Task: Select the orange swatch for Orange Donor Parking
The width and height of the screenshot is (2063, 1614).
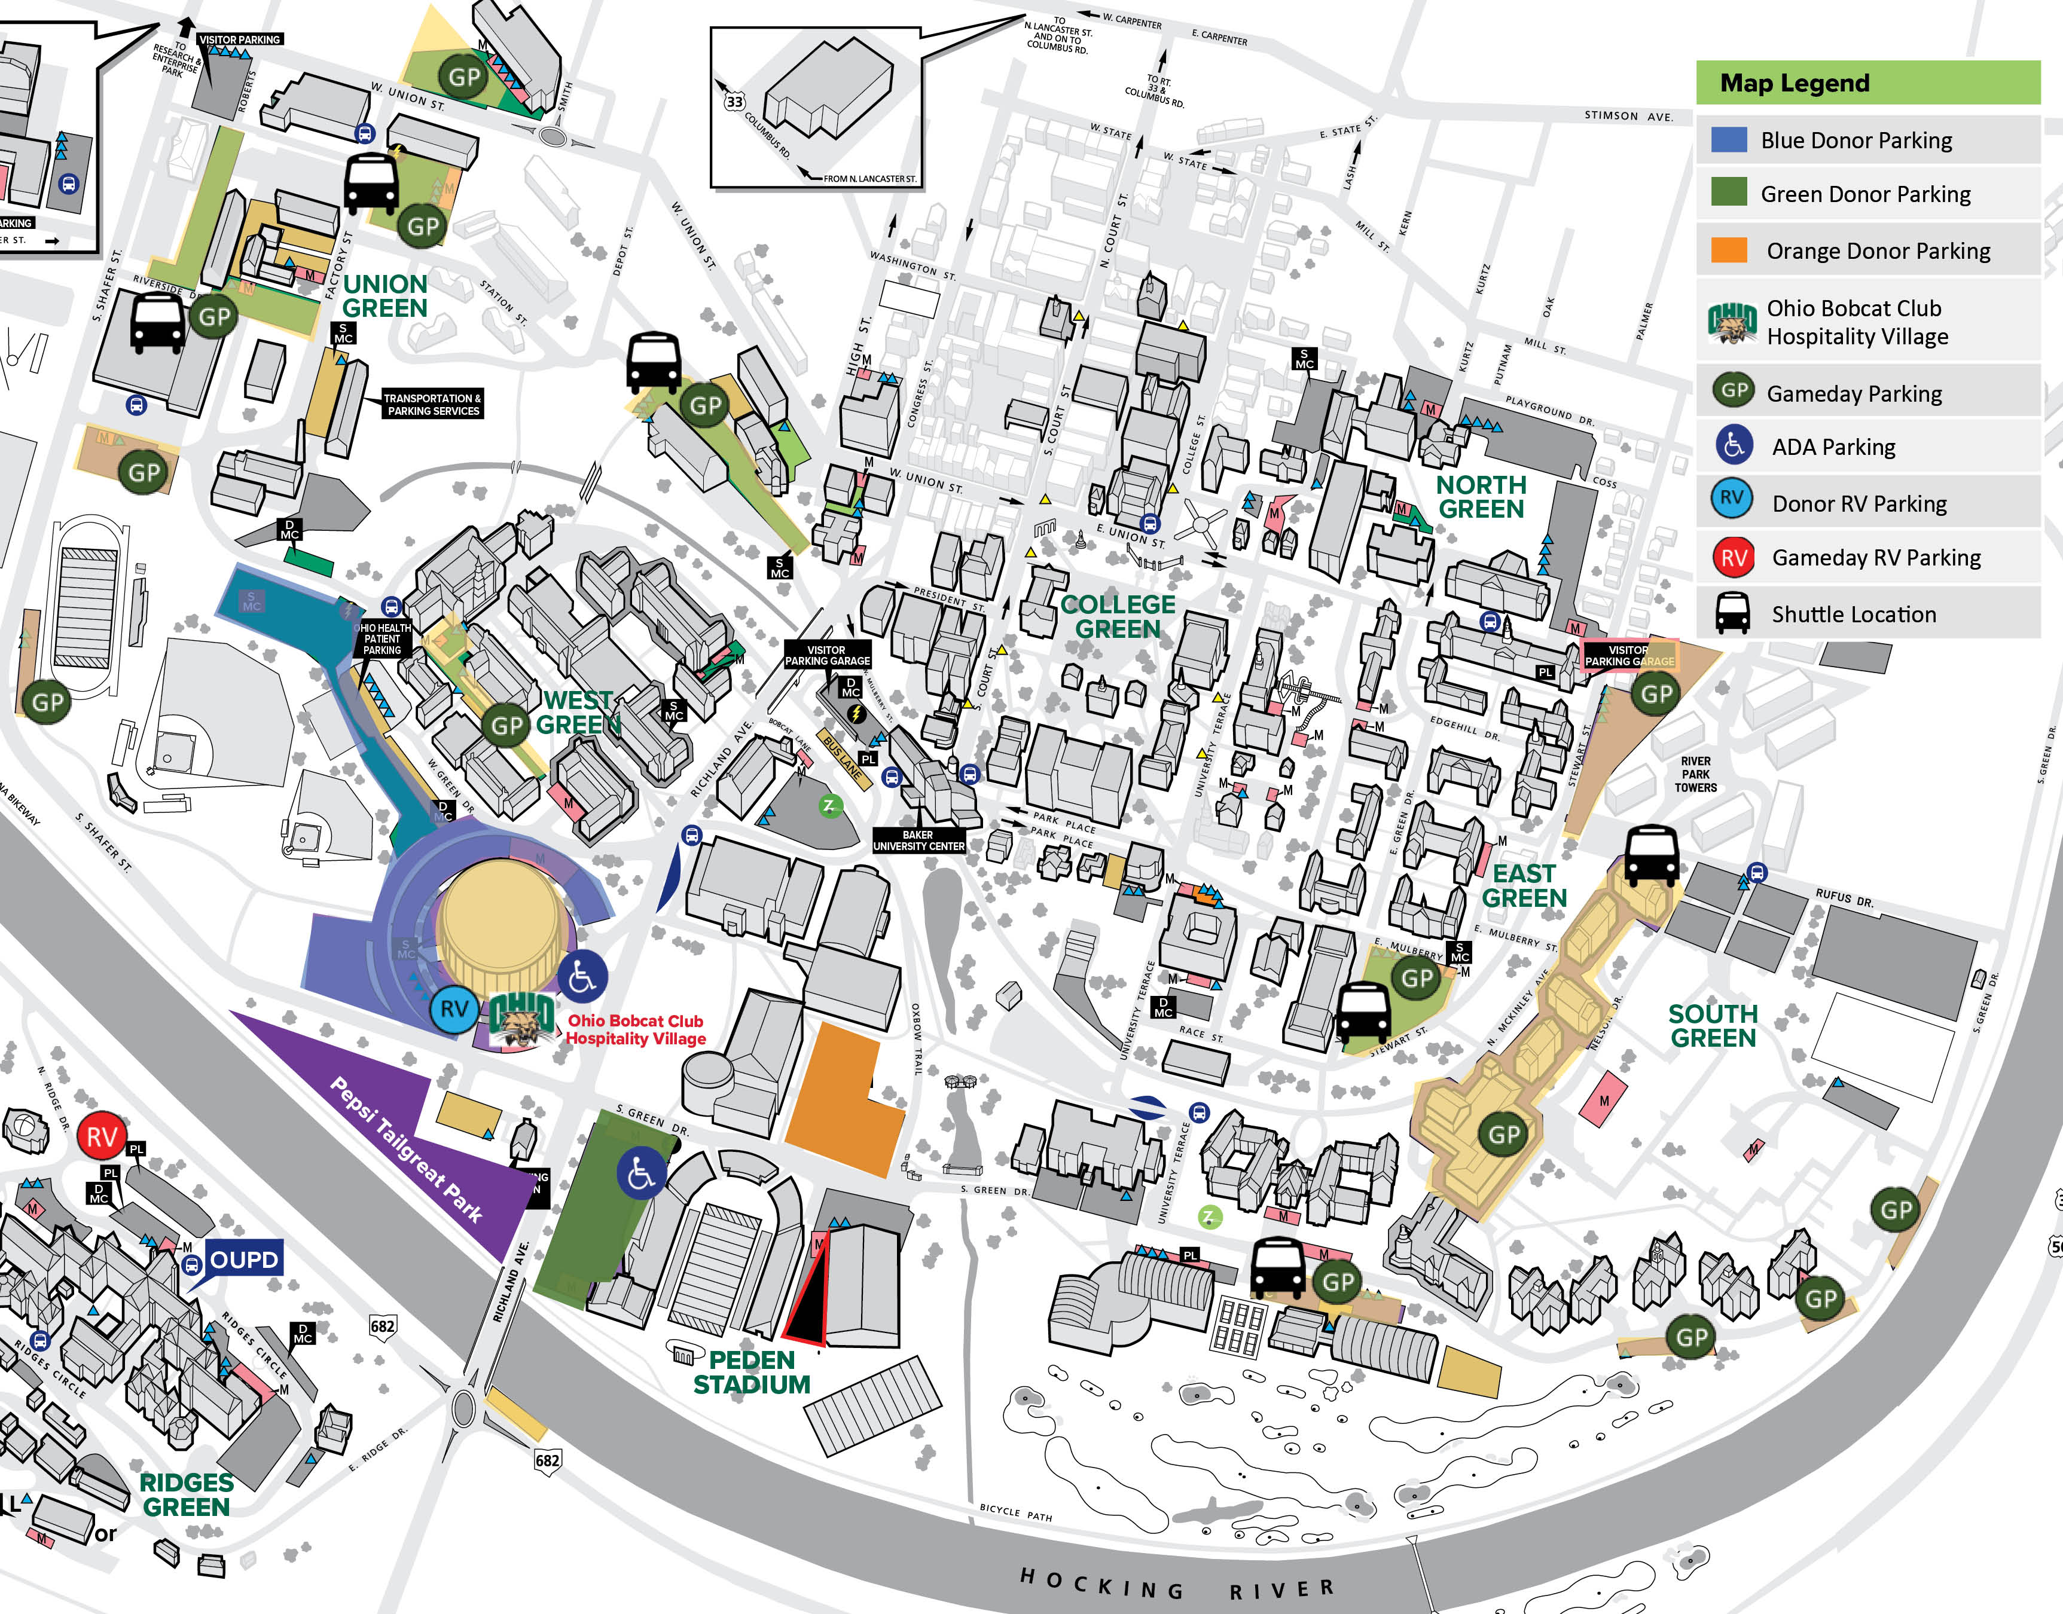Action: pyautogui.click(x=1729, y=250)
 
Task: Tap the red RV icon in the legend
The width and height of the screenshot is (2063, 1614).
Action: pyautogui.click(x=1733, y=558)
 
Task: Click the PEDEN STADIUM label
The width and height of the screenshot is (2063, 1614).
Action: pyautogui.click(x=752, y=1372)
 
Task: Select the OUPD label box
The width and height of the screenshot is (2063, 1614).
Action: pyautogui.click(x=244, y=1260)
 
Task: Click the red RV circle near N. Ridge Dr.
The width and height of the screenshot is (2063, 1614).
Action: pyautogui.click(x=102, y=1137)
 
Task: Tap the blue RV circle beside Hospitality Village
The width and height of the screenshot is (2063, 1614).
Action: pyautogui.click(x=454, y=1009)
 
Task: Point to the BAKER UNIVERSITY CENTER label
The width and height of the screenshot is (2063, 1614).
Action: pyautogui.click(x=918, y=840)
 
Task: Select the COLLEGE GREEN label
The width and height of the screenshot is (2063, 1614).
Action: pyautogui.click(x=1118, y=617)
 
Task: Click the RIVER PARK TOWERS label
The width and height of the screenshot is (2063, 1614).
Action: pyautogui.click(x=1695, y=774)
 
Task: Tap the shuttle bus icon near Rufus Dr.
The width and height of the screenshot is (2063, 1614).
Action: pyautogui.click(x=1651, y=855)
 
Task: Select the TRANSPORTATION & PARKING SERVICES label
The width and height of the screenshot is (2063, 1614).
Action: pyautogui.click(x=434, y=405)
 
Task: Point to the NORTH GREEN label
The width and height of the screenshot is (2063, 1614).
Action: pyautogui.click(x=1481, y=497)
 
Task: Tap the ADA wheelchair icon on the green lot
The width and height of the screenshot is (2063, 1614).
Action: pyautogui.click(x=641, y=1175)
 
